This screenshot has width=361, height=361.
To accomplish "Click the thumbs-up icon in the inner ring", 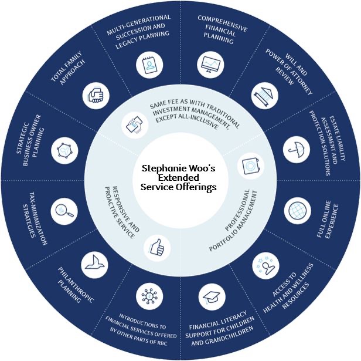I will click(154, 247).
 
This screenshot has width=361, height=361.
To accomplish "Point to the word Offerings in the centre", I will click(197, 187).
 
